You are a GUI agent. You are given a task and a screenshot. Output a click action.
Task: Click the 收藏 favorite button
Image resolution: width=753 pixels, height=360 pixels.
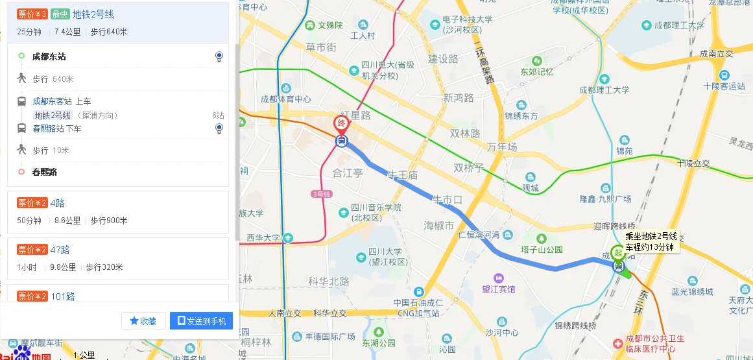[143, 321]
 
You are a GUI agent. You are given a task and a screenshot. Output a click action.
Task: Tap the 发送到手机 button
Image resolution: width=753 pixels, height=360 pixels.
[201, 321]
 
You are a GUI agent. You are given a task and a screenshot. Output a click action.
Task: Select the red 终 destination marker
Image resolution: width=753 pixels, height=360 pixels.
[341, 124]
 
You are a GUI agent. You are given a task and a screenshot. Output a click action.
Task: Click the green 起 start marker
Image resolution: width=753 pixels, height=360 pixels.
[619, 253]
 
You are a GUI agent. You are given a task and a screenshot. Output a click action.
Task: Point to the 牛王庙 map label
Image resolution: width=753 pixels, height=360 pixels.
[402, 176]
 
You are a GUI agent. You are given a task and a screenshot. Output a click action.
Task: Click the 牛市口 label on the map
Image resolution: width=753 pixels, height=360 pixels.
[448, 199]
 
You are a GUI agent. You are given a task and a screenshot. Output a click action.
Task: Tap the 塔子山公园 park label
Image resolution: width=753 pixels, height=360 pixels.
[541, 249]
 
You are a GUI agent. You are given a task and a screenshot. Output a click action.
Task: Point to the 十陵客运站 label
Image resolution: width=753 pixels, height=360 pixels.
[724, 86]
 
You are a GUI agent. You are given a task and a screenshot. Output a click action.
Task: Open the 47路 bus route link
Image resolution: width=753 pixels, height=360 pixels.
[60, 250]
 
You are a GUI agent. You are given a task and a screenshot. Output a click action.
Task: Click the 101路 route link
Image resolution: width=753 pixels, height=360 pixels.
[62, 296]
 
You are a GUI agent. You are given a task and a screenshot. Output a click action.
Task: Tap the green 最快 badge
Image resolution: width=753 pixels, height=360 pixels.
[60, 14]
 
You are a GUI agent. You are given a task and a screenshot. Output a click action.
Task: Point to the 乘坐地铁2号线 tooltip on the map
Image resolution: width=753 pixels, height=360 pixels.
[651, 242]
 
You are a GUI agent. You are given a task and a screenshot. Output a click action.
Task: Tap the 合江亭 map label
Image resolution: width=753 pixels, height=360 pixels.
[347, 173]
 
